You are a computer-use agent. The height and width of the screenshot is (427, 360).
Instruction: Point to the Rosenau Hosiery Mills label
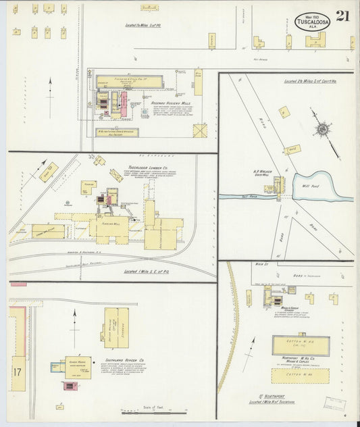click(157, 103)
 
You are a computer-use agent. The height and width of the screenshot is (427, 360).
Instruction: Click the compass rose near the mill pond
click(323, 128)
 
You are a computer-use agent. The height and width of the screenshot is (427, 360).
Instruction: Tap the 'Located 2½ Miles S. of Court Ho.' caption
click(285, 80)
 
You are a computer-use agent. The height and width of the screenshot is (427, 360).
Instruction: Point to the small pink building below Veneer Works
click(70, 385)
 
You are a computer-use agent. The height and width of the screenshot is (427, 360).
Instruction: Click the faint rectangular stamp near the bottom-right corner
click(334, 403)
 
